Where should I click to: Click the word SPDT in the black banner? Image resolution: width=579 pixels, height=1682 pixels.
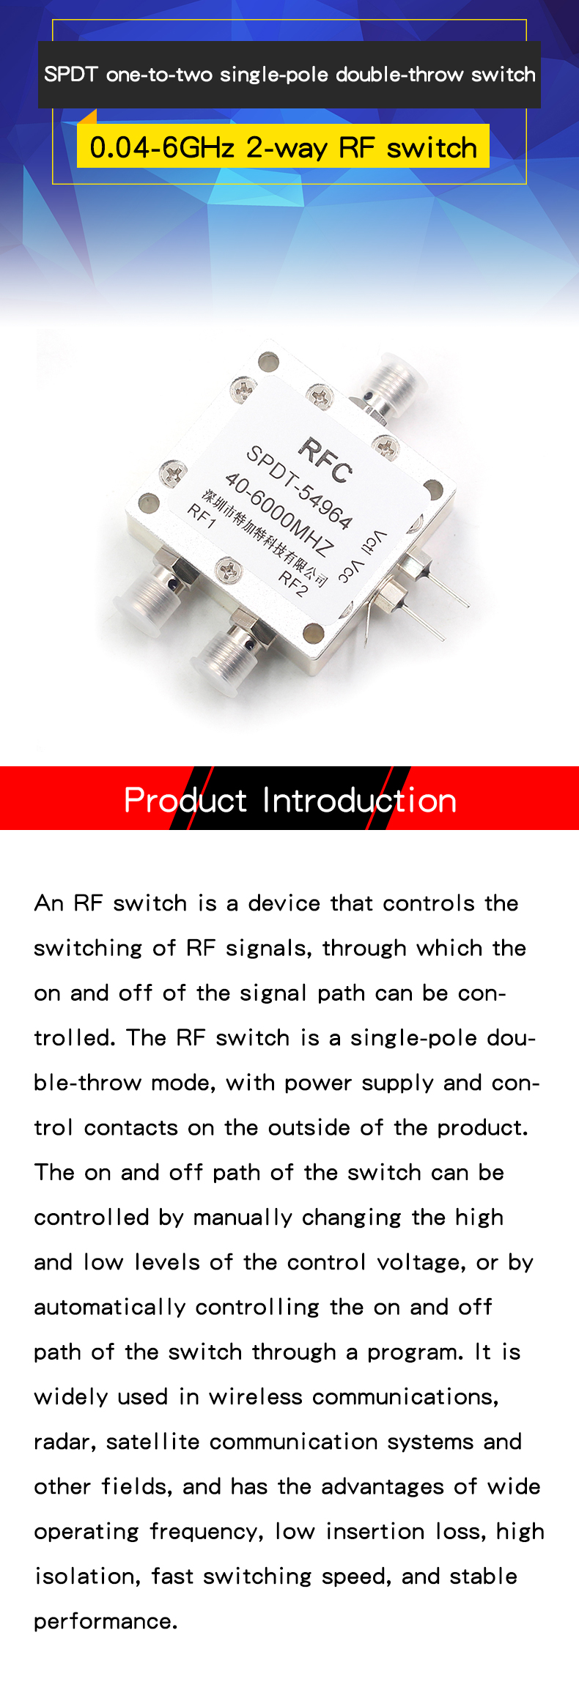(x=70, y=75)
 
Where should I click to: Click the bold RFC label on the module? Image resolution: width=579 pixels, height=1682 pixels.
(x=325, y=460)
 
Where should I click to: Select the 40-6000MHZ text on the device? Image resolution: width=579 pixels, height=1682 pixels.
(x=279, y=514)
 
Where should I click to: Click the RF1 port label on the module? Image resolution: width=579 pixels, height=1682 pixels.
(x=202, y=516)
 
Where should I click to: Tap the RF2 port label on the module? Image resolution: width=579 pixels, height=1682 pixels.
(x=292, y=584)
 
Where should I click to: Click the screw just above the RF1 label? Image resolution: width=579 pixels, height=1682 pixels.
(x=173, y=473)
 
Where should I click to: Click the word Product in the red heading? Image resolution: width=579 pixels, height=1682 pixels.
(x=185, y=800)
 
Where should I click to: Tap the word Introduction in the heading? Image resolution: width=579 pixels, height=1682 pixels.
(x=360, y=800)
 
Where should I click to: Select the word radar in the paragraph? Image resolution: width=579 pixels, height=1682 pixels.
(x=64, y=1442)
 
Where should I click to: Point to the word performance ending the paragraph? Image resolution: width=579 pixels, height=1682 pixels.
(x=106, y=1622)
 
